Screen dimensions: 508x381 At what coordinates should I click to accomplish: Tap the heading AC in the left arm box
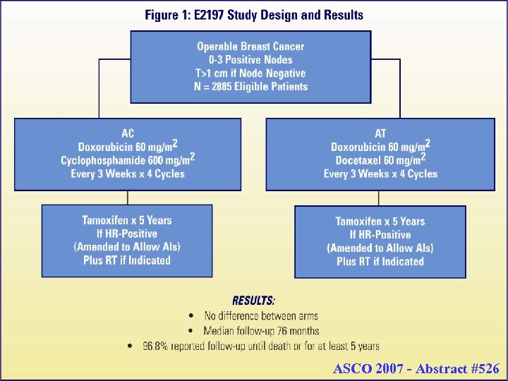128,133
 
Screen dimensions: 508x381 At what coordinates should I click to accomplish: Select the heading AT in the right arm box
380,133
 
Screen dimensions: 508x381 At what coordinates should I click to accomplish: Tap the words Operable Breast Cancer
250,47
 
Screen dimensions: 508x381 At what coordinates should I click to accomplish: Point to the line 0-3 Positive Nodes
250,60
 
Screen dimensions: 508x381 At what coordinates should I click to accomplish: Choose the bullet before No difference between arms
192,316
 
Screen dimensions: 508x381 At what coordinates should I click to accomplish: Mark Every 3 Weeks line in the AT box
380,174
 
